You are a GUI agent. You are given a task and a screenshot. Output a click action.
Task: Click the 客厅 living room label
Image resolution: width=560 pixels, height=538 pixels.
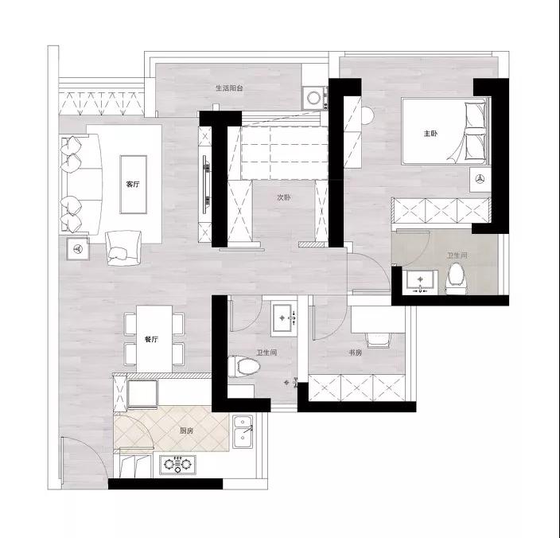coord(133,185)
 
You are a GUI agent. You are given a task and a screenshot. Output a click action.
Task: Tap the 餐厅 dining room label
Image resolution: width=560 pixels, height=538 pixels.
coord(151,339)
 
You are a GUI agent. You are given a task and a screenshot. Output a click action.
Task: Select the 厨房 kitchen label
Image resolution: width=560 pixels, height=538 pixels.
coord(186,431)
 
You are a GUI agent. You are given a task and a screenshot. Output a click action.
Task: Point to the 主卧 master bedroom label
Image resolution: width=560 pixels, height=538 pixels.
coord(430,134)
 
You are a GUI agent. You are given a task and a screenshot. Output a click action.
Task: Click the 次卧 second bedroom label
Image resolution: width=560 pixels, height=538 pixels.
coord(284,197)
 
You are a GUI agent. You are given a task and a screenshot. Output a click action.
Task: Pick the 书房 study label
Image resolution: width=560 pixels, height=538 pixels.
coord(356,353)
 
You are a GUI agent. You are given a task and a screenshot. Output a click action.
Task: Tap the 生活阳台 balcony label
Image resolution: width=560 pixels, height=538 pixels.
coord(229,88)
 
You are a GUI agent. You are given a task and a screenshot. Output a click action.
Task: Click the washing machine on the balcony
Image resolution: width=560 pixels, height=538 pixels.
coord(315,98)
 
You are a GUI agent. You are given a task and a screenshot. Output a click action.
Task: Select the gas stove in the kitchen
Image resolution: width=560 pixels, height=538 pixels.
coord(177,465)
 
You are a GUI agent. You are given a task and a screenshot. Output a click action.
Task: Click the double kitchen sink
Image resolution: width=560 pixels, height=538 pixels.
coord(243,431)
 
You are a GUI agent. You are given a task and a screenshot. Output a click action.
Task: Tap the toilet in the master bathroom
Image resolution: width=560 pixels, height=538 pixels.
coord(455,279)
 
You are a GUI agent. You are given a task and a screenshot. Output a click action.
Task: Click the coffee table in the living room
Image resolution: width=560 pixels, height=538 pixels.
coord(133,185)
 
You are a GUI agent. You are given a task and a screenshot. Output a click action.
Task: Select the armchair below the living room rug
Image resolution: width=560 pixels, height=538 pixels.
coord(123,248)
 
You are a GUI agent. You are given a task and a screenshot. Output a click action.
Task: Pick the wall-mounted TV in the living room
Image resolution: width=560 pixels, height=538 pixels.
coord(206,185)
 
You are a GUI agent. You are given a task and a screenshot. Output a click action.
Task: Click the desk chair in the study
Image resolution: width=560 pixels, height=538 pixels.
coord(378,339)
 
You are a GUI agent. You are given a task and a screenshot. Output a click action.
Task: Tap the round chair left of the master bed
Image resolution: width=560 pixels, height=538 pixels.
coord(367,115)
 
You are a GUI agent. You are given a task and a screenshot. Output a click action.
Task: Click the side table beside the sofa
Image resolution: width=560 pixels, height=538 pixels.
coord(78,248)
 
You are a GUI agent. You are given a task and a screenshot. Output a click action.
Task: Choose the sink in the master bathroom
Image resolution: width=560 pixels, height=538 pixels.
coord(421,282)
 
